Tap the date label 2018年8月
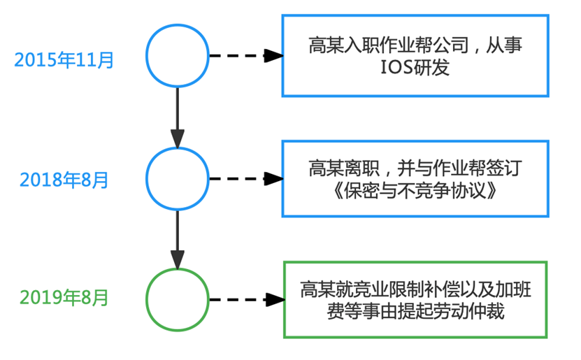coord(64,179)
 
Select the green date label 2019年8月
coord(64,298)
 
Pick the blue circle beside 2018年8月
coord(178,178)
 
